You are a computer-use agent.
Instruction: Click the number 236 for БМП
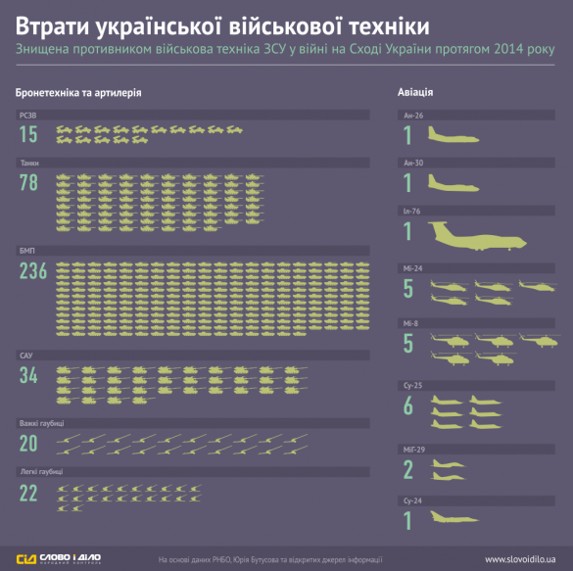coord(33,272)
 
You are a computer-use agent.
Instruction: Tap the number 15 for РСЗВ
coord(27,134)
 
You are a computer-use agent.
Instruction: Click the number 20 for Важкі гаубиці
coord(28,443)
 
